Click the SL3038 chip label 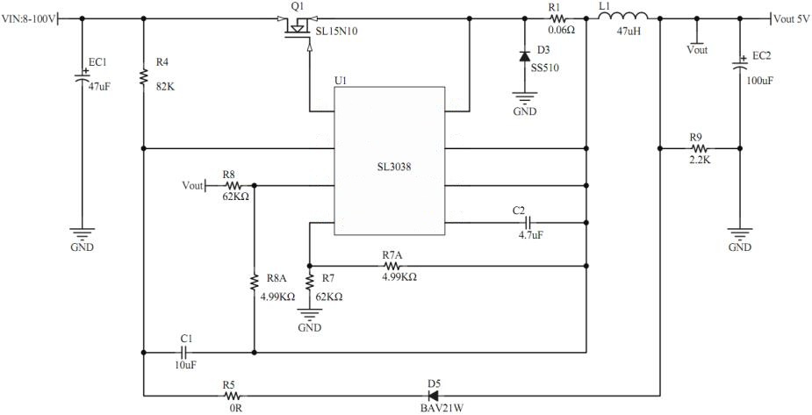click(x=389, y=167)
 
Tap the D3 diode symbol click(x=524, y=56)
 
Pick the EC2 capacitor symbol click(x=739, y=66)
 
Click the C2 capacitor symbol click(x=528, y=223)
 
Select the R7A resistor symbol click(x=392, y=264)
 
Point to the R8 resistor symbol click(x=233, y=186)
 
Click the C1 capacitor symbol click(x=185, y=352)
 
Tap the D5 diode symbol click(x=432, y=396)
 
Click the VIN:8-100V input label click(x=29, y=17)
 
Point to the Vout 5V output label click(x=792, y=18)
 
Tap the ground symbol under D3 click(x=524, y=101)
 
